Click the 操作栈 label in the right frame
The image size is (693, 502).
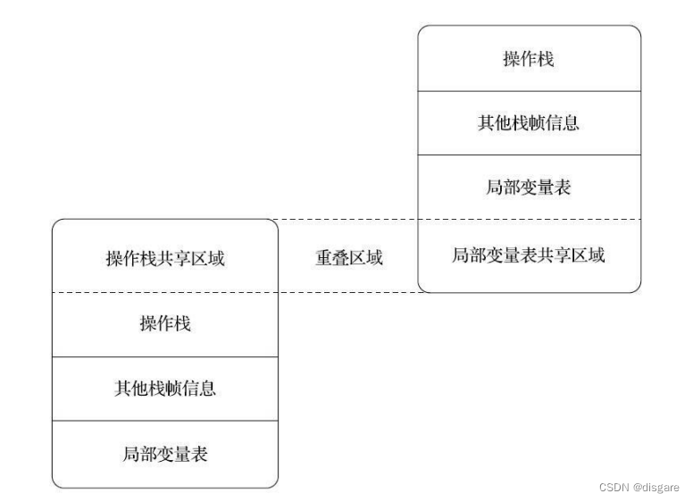[x=529, y=59]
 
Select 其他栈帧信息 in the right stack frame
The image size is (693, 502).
[x=529, y=123]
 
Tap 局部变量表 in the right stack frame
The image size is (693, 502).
[x=529, y=188]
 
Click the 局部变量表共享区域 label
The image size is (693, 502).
[x=529, y=255]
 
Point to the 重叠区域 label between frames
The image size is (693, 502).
[x=349, y=258]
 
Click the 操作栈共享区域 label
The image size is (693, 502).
[x=165, y=259]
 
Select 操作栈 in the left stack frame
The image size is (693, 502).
[x=165, y=323]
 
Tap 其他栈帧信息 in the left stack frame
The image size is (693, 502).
[x=165, y=389]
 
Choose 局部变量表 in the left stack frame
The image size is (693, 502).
[x=165, y=454]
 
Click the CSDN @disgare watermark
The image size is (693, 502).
[x=639, y=488]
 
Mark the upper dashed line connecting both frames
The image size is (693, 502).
[x=348, y=220]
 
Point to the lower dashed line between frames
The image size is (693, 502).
[x=348, y=292]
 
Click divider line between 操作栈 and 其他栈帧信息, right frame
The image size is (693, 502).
[x=529, y=90]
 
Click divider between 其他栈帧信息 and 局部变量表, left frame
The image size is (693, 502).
[x=165, y=422]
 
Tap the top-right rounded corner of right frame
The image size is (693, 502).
[x=637, y=29]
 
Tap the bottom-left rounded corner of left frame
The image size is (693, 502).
[x=56, y=483]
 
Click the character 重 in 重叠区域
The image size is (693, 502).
[x=322, y=258]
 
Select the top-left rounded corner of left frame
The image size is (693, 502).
[x=56, y=224]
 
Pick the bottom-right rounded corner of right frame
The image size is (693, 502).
[x=637, y=288]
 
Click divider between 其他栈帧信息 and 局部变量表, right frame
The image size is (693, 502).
[x=529, y=155]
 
